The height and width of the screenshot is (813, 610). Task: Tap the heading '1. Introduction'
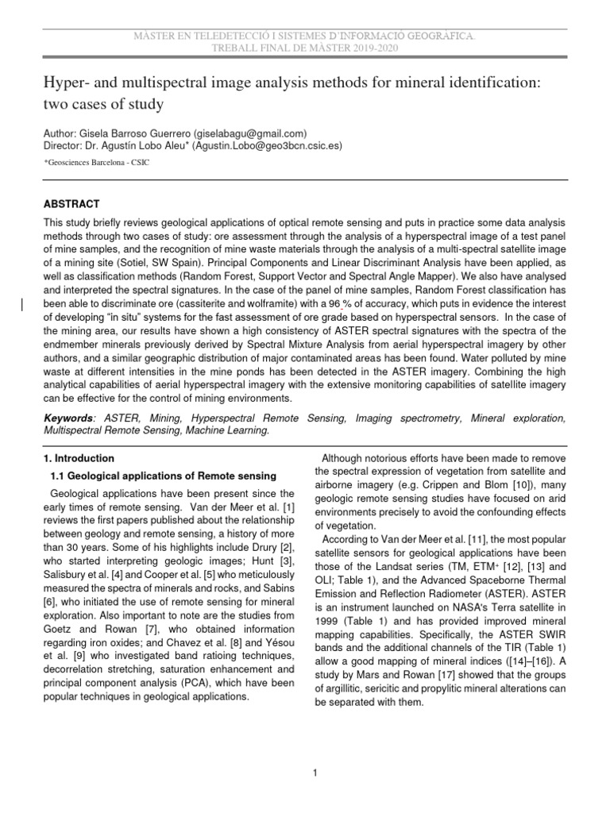point(77,459)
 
